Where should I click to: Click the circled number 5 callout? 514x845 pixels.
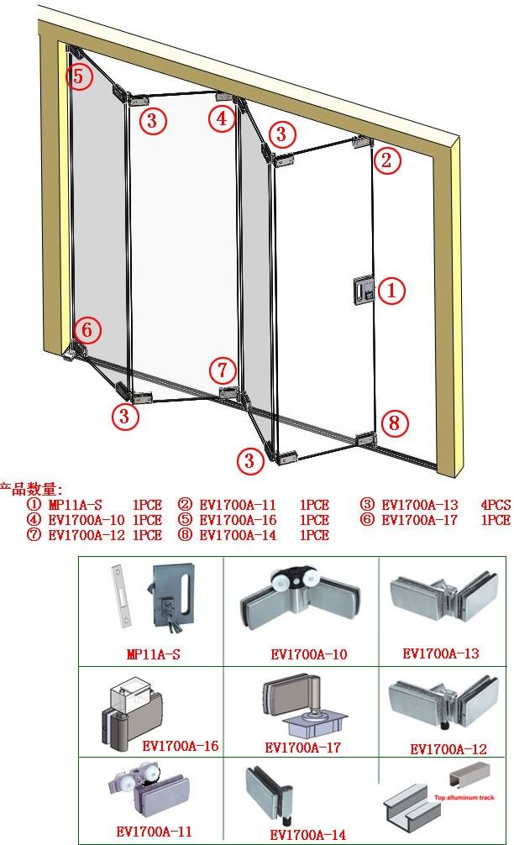click(x=79, y=76)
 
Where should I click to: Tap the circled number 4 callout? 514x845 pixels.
click(x=222, y=118)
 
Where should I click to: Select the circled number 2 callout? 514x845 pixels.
click(x=387, y=160)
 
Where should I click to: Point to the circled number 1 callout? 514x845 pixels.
click(x=391, y=290)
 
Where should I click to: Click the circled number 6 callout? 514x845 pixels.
click(x=87, y=329)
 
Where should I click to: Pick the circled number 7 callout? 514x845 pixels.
click(x=223, y=370)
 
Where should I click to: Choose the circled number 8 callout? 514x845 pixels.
click(x=395, y=422)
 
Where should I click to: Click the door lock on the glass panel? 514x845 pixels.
click(x=364, y=291)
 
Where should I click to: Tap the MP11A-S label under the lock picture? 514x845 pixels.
click(x=153, y=654)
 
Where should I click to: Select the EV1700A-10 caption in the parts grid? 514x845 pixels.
click(x=309, y=654)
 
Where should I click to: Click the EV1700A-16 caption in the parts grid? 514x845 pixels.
click(x=181, y=746)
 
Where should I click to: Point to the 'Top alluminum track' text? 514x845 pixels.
click(x=464, y=798)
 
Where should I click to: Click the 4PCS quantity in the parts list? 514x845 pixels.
click(x=496, y=505)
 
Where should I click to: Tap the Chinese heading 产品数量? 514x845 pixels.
click(x=31, y=490)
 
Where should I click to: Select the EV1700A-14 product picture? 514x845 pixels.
click(x=268, y=795)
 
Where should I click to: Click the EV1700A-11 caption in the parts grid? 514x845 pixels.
click(x=154, y=832)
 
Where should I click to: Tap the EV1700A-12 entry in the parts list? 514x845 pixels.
click(x=87, y=535)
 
